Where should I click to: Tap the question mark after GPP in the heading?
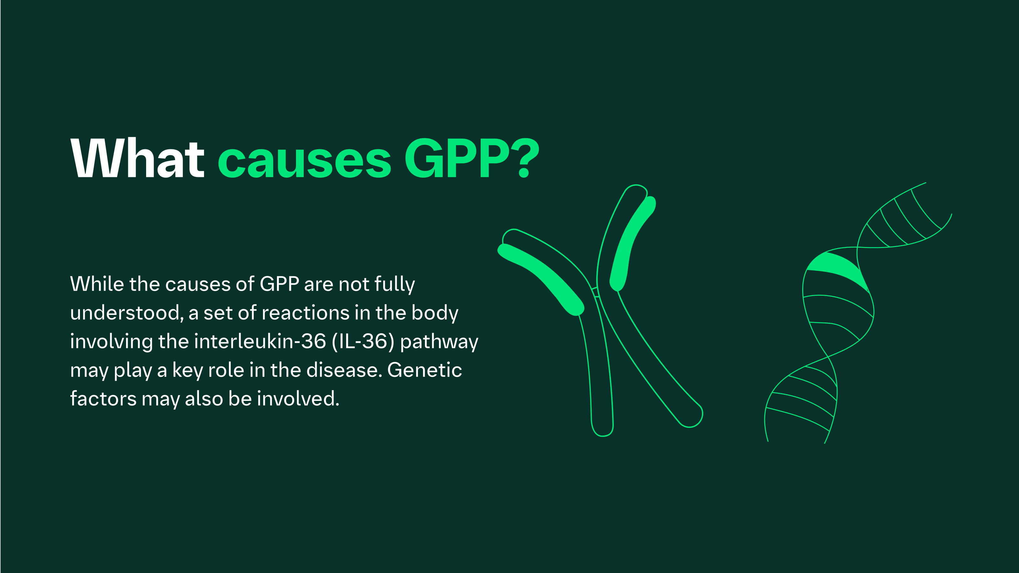pyautogui.click(x=525, y=158)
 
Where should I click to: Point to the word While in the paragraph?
pyautogui.click(x=97, y=284)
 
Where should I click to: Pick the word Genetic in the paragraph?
pyautogui.click(x=424, y=370)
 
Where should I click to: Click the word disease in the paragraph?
pyautogui.click(x=344, y=370)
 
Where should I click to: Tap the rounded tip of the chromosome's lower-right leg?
pyautogui.click(x=691, y=417)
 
